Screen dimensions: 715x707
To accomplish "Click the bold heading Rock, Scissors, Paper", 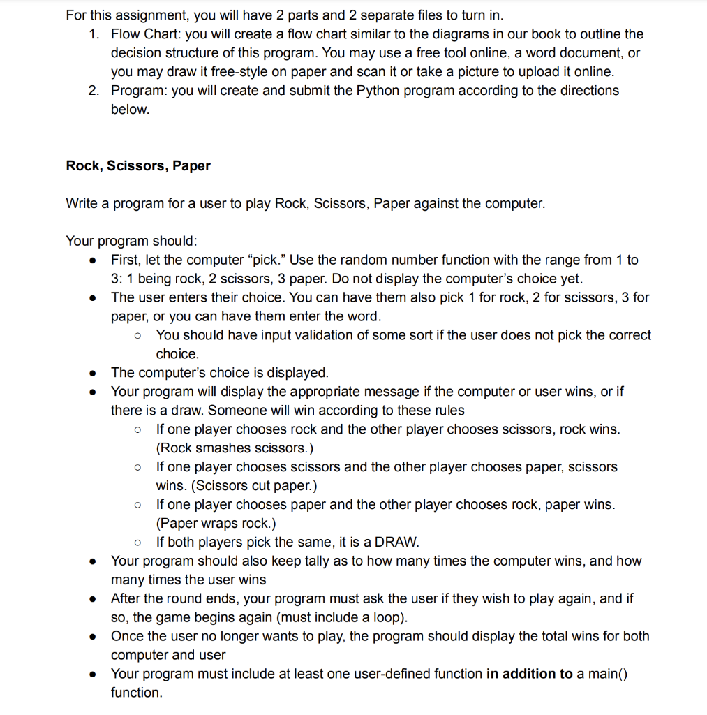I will click(x=138, y=166).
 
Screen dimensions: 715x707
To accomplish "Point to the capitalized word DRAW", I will click(x=397, y=543).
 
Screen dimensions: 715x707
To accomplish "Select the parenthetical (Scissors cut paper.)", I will click(x=221, y=486).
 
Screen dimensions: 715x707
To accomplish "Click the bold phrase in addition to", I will click(x=529, y=674).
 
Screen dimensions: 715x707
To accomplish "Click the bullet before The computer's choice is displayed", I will click(x=93, y=373).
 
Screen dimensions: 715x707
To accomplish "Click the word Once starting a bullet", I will click(x=126, y=637).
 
